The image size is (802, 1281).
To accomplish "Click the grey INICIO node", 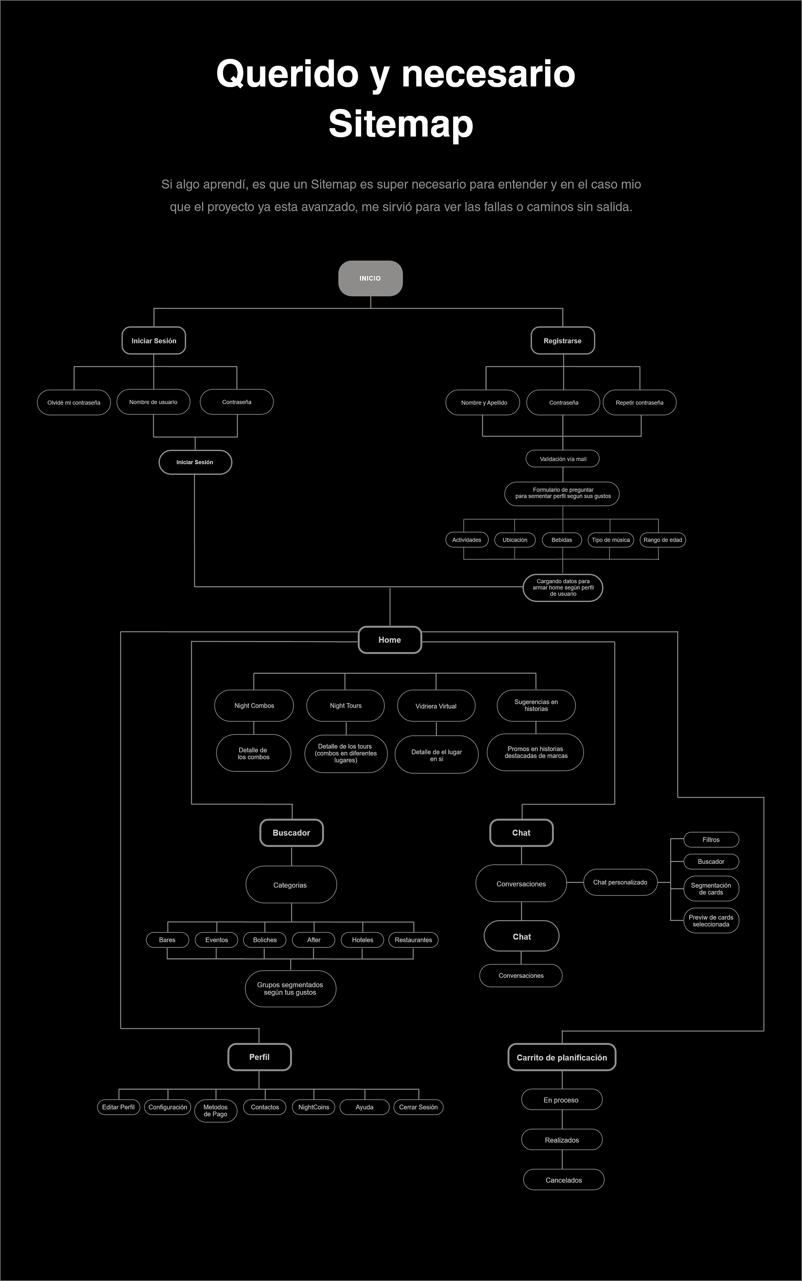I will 370,278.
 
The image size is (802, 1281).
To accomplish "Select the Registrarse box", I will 562,341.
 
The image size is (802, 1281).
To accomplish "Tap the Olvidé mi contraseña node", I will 74,403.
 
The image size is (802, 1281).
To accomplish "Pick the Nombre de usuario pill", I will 153,402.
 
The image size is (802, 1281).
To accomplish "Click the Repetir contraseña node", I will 639,403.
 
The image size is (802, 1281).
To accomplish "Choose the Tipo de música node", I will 611,540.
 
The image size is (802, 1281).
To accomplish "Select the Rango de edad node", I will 662,540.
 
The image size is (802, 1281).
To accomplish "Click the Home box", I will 389,640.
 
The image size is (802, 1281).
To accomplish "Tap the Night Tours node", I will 345,706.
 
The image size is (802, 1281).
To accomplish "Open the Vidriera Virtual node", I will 436,706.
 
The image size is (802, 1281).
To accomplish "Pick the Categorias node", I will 291,885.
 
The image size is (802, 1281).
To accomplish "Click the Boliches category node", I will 265,940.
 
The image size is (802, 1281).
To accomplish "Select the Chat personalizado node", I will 620,882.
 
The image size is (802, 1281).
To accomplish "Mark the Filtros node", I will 711,840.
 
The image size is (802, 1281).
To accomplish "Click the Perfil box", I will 259,1057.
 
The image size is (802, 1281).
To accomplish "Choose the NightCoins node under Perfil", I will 313,1107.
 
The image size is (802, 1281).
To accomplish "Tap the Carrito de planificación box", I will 562,1058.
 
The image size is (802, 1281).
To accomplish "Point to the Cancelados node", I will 563,1180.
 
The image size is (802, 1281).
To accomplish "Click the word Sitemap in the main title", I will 401,124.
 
